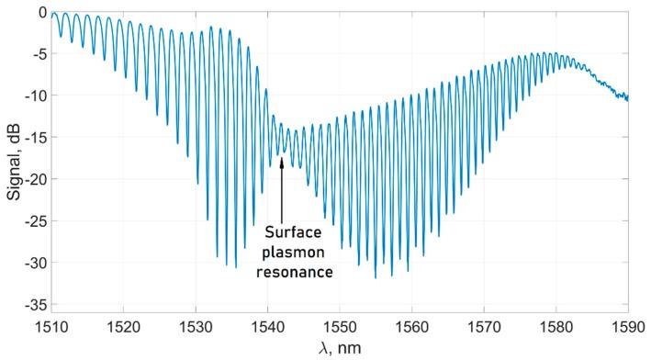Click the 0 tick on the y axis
(39, 13)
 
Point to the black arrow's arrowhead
(281, 163)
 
